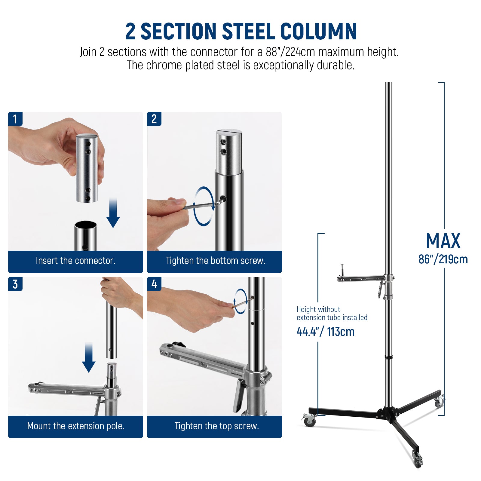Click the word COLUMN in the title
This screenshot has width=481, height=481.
coord(318,32)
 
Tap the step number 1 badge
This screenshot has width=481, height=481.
coord(15,119)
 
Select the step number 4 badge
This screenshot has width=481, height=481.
coord(154,284)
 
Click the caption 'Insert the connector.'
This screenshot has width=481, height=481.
coord(75,261)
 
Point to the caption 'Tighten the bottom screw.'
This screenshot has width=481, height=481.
coord(215,261)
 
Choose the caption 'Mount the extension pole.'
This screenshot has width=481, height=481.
coord(75,426)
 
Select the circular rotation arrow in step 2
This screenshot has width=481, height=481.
coord(204,206)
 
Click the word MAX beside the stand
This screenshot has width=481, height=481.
coord(443,241)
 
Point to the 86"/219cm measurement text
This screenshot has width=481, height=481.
coord(443,259)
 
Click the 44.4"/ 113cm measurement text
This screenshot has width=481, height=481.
coord(325,332)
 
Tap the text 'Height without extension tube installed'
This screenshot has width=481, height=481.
coord(332,314)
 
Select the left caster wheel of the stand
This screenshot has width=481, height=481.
coord(309,420)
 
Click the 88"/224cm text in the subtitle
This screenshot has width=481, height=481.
coord(290,52)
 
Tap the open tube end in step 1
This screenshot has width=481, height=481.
coord(86,225)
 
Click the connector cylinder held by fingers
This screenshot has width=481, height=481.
coord(87,168)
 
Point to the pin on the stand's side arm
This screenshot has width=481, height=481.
coord(342,268)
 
